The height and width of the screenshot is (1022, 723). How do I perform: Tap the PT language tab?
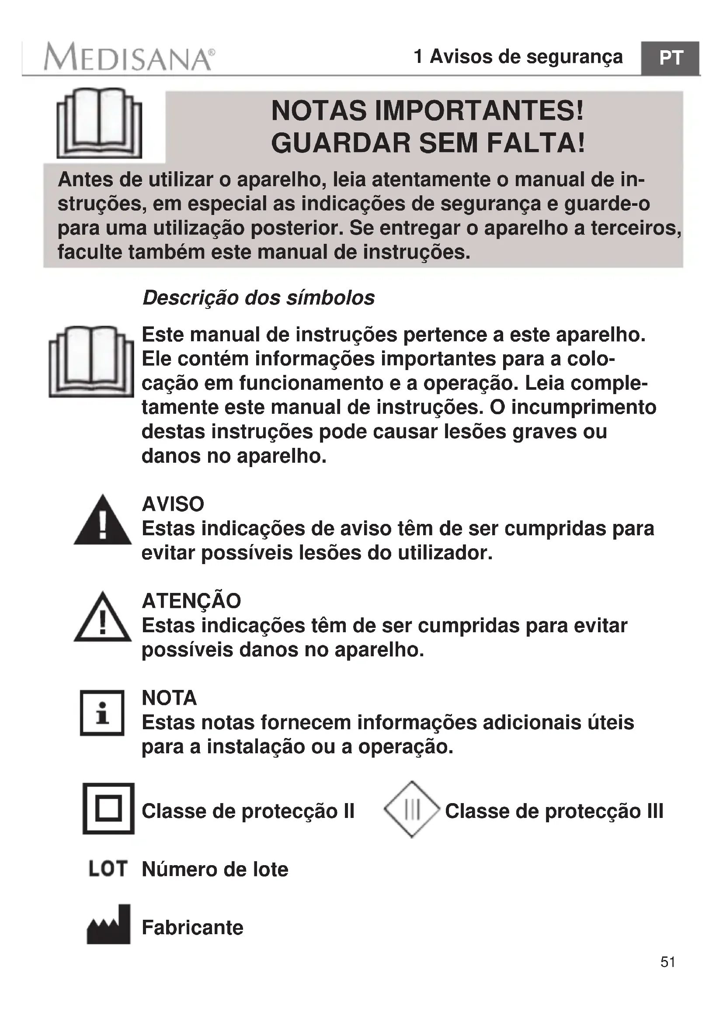click(x=671, y=58)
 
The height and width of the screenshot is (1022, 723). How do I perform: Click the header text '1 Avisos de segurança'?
click(x=518, y=57)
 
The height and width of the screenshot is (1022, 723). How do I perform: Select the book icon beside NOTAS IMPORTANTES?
click(x=99, y=123)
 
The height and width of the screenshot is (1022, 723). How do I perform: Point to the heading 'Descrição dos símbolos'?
click(x=258, y=298)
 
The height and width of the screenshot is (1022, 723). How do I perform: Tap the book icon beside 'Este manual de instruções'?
click(x=91, y=361)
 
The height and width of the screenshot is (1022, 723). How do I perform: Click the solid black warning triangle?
click(x=102, y=521)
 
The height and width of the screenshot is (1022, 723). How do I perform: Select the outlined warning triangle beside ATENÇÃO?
click(x=102, y=618)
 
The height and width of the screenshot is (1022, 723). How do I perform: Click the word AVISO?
click(x=173, y=504)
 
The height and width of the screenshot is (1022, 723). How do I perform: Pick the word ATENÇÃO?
click(x=191, y=601)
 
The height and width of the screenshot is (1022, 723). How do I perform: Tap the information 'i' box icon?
click(x=102, y=713)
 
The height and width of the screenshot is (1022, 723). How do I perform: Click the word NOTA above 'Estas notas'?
click(x=169, y=697)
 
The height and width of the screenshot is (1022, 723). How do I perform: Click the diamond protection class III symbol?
click(x=412, y=809)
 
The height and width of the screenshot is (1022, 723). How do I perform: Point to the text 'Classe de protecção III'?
click(x=554, y=811)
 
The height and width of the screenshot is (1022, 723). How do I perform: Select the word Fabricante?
click(x=192, y=928)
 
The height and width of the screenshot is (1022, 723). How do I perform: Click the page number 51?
click(x=668, y=975)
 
